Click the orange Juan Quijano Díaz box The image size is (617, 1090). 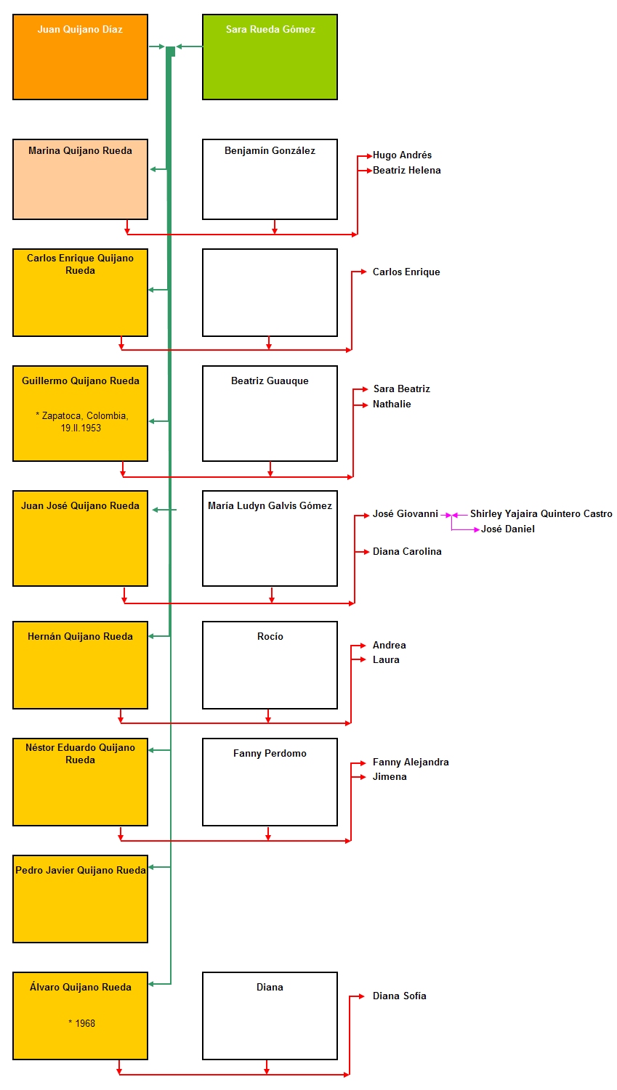pyautogui.click(x=80, y=57)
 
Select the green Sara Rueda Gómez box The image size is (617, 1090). pyautogui.click(x=270, y=57)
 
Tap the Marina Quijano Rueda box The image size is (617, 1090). pyautogui.click(x=80, y=179)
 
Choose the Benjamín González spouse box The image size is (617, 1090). pyautogui.click(x=270, y=179)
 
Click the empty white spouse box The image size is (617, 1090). pyautogui.click(x=270, y=293)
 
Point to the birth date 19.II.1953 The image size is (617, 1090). pyautogui.click(x=81, y=428)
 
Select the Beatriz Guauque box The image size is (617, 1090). pyautogui.click(x=270, y=413)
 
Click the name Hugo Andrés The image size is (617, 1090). pyautogui.click(x=402, y=155)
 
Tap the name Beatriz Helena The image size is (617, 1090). pyautogui.click(x=407, y=171)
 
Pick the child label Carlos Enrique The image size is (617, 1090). pyautogui.click(x=406, y=272)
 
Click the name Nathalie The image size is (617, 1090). pyautogui.click(x=392, y=404)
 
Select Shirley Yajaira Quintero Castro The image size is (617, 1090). pyautogui.click(x=541, y=514)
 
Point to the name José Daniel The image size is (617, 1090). pyautogui.click(x=507, y=529)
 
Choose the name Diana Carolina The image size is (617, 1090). pyautogui.click(x=407, y=552)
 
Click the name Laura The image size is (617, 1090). pyautogui.click(x=386, y=660)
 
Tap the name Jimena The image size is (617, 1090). pyautogui.click(x=390, y=776)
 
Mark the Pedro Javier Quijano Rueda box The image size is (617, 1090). pyautogui.click(x=80, y=899)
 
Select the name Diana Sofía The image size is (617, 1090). pyautogui.click(x=399, y=996)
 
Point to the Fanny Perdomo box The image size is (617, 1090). pyautogui.click(x=270, y=782)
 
